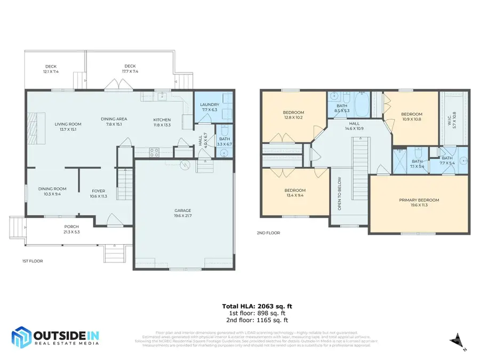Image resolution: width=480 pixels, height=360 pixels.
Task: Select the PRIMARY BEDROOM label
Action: tap(419, 200)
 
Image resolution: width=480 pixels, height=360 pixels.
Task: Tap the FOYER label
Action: tap(98, 190)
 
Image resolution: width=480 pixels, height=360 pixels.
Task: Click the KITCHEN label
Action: tap(162, 119)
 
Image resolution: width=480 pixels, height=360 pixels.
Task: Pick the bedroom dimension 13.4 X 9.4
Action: tap(294, 195)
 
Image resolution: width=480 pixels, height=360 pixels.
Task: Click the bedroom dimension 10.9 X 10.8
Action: tap(411, 119)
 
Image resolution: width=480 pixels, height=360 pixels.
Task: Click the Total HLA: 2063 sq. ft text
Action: tap(257, 306)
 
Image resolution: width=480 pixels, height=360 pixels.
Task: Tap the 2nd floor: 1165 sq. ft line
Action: tap(257, 321)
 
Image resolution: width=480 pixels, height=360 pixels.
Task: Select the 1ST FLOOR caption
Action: tap(32, 261)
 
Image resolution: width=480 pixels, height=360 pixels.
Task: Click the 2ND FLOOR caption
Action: tap(268, 233)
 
